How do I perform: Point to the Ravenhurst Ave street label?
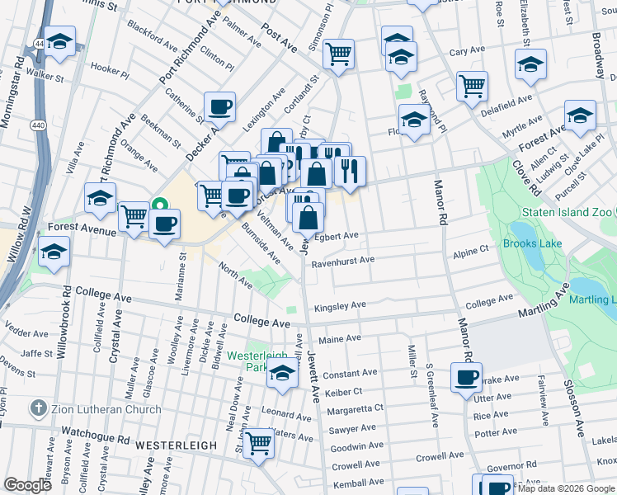(x=343, y=262)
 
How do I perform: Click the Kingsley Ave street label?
(x=339, y=306)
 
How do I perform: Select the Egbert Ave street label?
(x=339, y=236)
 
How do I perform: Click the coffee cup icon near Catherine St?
(x=220, y=106)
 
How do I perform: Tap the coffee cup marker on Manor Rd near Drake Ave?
(x=467, y=377)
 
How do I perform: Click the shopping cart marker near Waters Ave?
(x=260, y=442)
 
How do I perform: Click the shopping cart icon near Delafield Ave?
(x=472, y=85)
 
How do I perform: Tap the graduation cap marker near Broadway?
(x=580, y=115)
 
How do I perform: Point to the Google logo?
(x=27, y=484)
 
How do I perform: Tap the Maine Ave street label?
(x=340, y=339)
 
